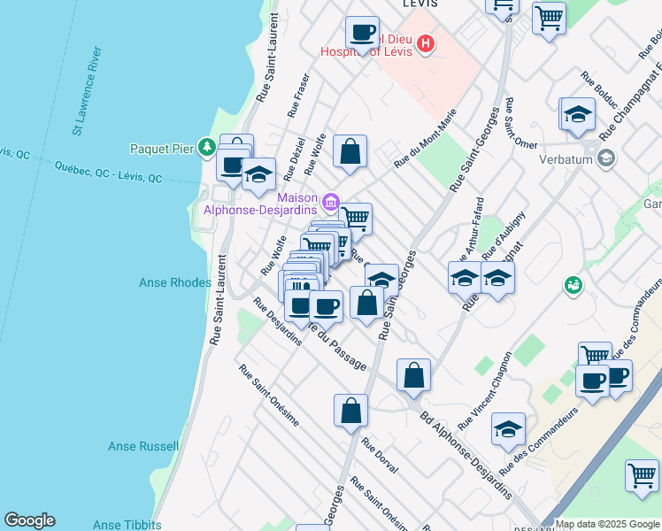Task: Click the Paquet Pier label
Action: pos(161,148)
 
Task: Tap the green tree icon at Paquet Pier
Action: pos(206,146)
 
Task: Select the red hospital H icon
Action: pos(426,43)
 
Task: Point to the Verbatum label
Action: pos(567,160)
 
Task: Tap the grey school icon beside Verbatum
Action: pos(606,159)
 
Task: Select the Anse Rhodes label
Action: pos(175,283)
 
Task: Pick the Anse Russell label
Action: pos(143,447)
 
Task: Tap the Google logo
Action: pos(29,520)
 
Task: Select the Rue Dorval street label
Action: pos(380,457)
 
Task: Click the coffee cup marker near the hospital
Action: pos(361,34)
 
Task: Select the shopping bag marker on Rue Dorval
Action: pos(350,411)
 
